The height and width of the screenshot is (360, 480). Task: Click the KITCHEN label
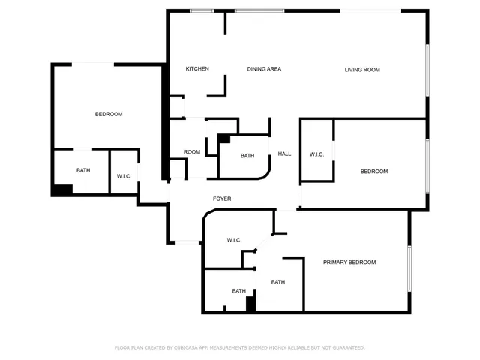(x=197, y=69)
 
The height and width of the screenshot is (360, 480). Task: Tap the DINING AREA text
(x=264, y=69)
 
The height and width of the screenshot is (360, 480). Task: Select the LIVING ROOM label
(x=362, y=70)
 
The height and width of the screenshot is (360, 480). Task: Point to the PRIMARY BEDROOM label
(x=349, y=262)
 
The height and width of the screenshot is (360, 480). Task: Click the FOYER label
(x=222, y=199)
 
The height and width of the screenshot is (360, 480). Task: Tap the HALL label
(x=285, y=154)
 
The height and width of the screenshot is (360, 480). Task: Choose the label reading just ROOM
(x=192, y=152)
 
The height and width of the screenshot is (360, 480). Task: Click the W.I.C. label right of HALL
(x=316, y=154)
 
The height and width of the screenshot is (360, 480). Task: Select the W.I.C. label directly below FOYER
(x=234, y=240)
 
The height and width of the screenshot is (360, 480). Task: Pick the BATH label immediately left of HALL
(x=247, y=156)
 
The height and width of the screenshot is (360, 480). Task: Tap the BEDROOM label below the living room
(x=374, y=172)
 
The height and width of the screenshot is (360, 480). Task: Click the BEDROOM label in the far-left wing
(x=109, y=114)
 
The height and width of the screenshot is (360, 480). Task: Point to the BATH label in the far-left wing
(x=83, y=170)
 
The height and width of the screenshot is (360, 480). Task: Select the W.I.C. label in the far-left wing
(x=124, y=176)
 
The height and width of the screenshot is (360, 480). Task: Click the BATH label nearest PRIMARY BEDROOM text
(x=278, y=282)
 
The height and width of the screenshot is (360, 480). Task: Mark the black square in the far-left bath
(x=61, y=190)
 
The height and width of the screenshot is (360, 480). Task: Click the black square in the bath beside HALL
(x=223, y=139)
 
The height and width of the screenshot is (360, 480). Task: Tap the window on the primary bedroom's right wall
(x=409, y=268)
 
